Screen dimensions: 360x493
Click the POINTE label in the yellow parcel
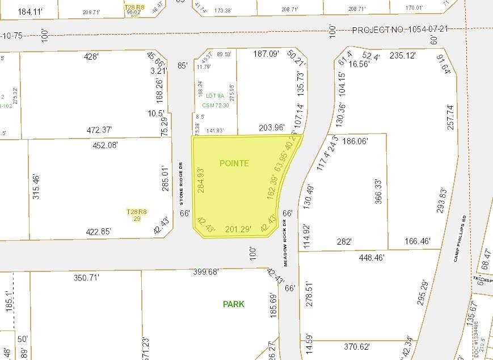click(x=234, y=163)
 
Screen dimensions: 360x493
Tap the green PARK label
click(x=233, y=304)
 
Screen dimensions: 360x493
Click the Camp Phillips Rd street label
click(x=463, y=238)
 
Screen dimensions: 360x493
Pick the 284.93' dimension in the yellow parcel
click(x=200, y=180)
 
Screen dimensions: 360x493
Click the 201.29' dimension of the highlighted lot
click(x=238, y=229)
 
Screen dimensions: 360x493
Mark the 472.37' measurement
click(x=99, y=130)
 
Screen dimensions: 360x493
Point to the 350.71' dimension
click(x=86, y=278)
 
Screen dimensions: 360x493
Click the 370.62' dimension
click(x=357, y=346)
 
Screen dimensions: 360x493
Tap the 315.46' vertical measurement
click(x=37, y=187)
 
